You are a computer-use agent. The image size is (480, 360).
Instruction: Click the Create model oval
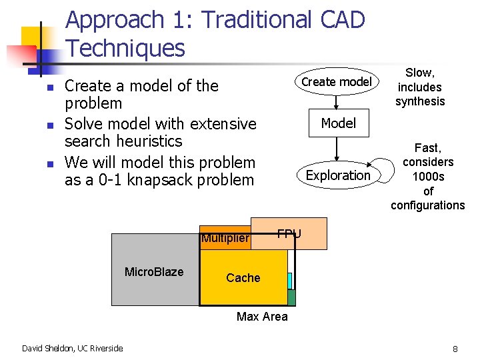(337, 81)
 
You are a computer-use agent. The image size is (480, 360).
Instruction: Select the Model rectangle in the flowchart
(339, 123)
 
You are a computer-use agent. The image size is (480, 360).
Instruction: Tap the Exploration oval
(338, 175)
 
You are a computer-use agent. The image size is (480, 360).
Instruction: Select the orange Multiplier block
(225, 239)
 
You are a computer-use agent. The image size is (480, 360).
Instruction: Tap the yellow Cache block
(243, 277)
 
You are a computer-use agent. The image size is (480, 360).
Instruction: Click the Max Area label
(262, 317)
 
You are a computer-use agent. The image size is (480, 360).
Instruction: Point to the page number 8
(455, 349)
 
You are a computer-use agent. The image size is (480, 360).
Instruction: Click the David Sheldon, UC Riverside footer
(72, 348)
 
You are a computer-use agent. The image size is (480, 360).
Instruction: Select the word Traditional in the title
(255, 20)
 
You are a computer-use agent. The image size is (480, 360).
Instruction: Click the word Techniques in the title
(126, 48)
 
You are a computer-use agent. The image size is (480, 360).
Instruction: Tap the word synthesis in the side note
(420, 101)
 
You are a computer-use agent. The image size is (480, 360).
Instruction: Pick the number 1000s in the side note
(428, 176)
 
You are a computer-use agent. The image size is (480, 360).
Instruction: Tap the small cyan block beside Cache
(289, 281)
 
